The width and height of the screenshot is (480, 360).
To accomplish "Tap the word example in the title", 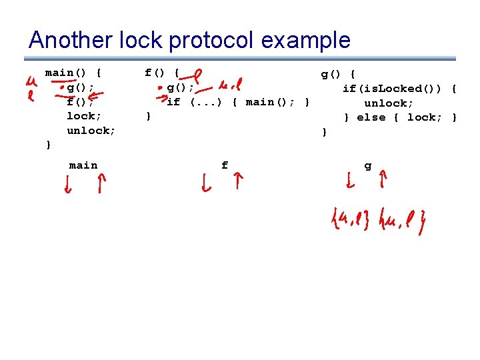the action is click(307, 41).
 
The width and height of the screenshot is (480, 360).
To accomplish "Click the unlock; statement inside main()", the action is click(91, 131).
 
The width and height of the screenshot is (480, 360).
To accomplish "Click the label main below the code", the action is click(83, 165).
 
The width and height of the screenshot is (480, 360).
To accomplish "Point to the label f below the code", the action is click(225, 165).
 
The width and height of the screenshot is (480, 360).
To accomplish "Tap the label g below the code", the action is click(368, 165).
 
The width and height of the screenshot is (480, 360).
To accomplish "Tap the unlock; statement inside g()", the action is click(388, 103).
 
